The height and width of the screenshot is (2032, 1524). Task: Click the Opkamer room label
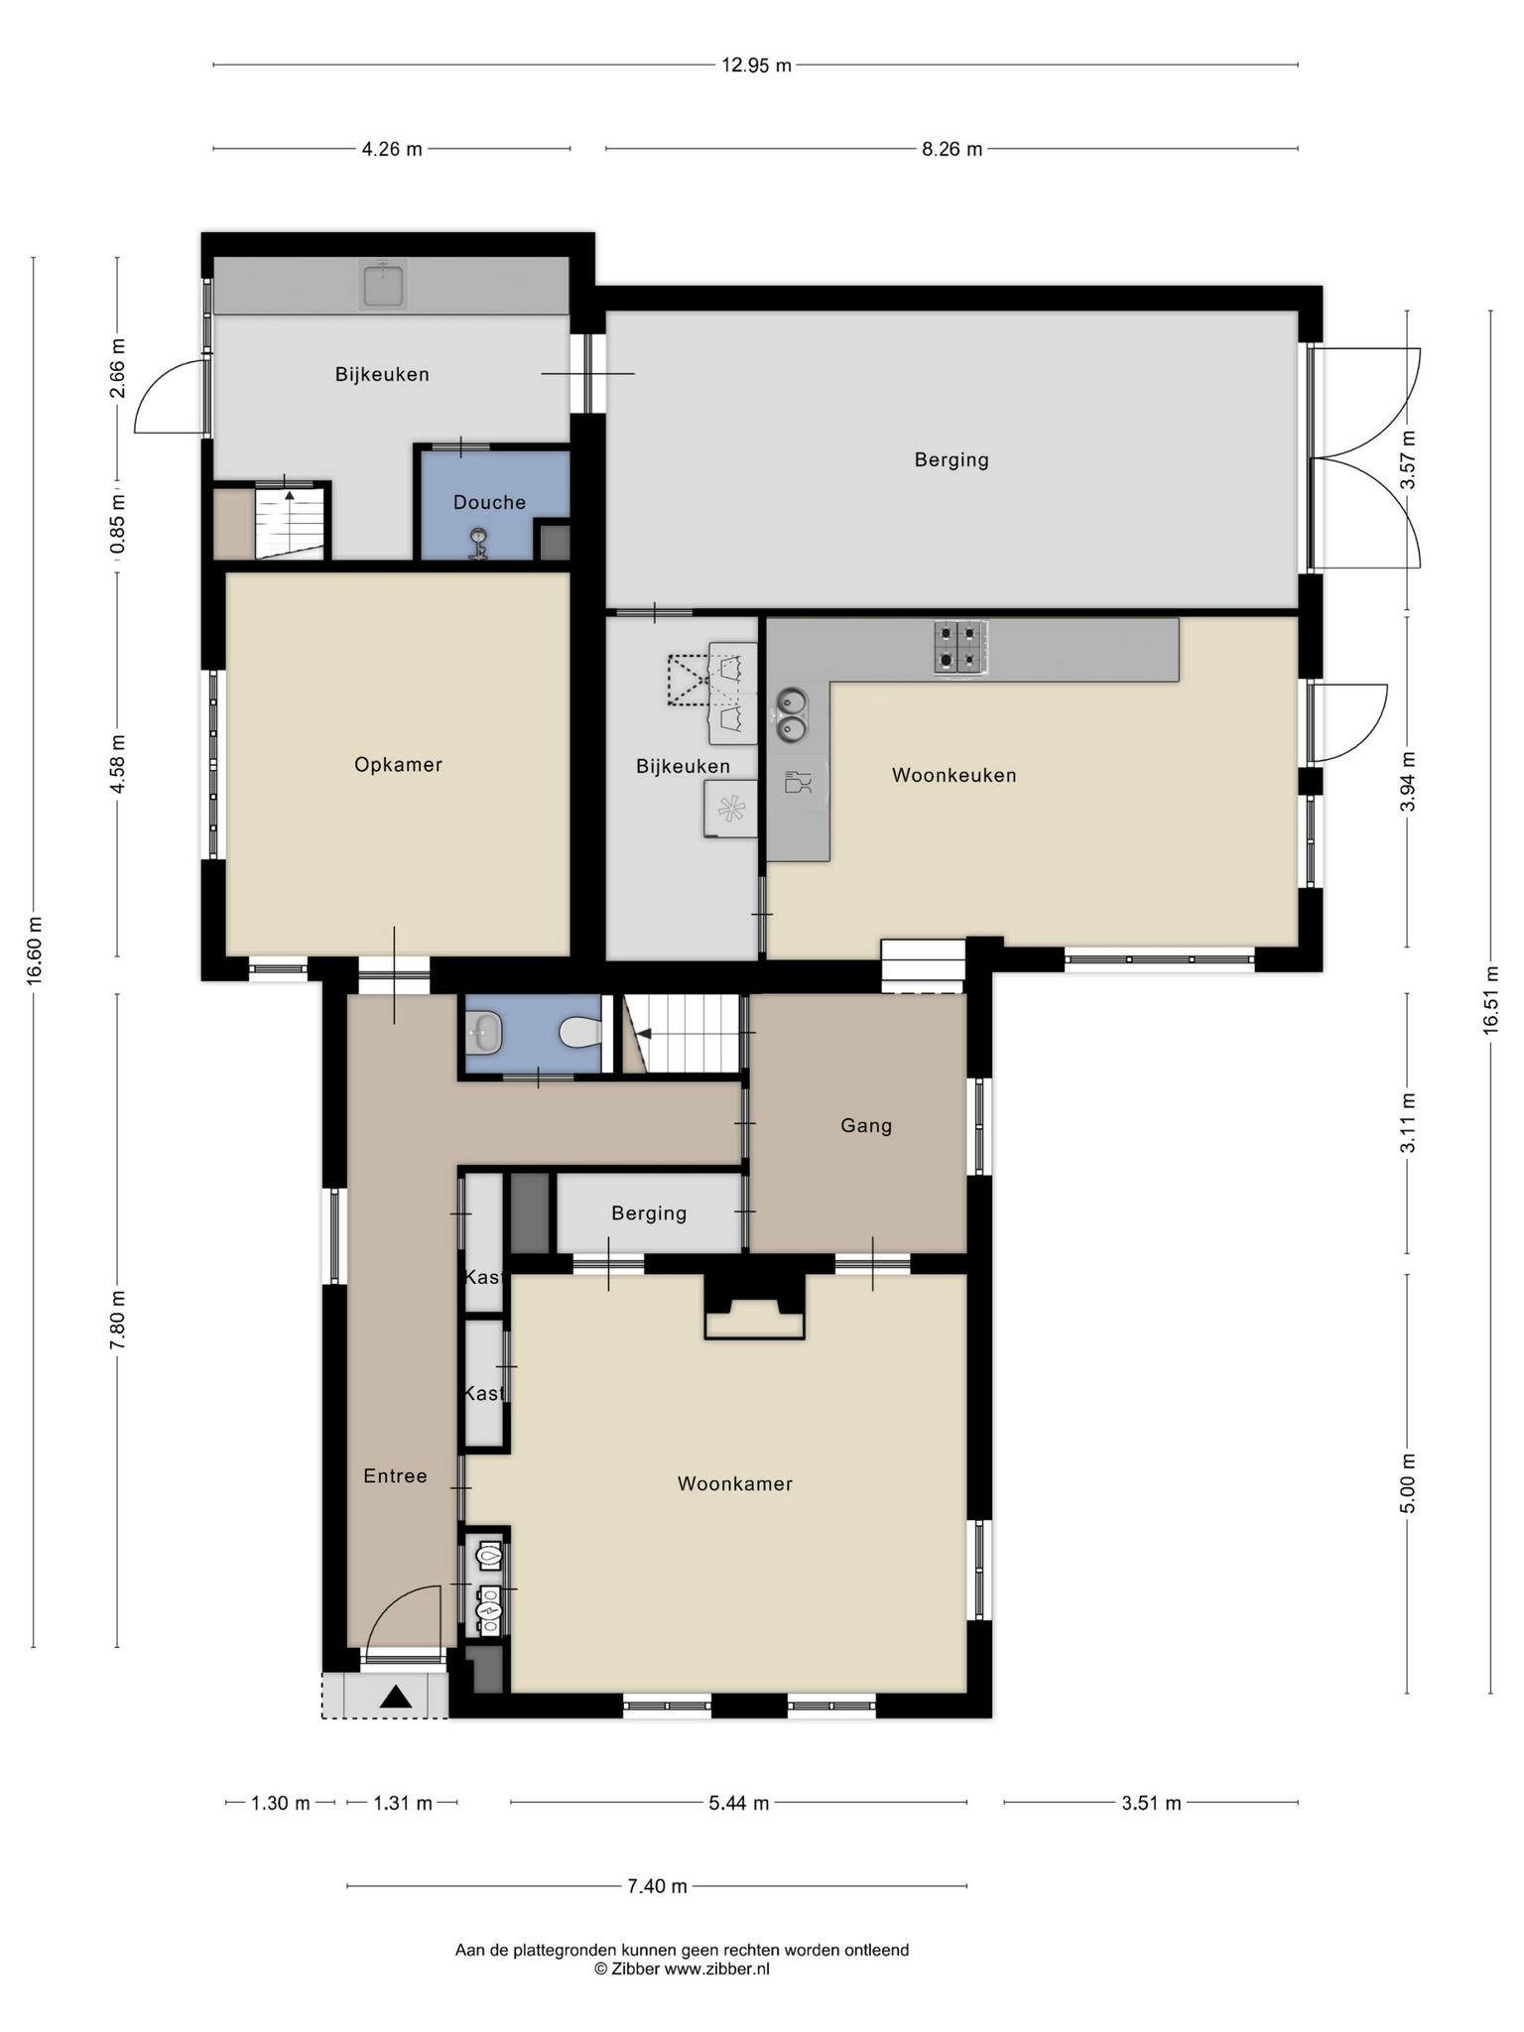coord(398,765)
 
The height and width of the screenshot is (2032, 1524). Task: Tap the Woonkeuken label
coord(954,775)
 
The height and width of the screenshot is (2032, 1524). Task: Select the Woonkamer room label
coord(735,1483)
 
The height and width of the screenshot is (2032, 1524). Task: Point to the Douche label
coord(489,502)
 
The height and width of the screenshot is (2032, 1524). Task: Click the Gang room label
coord(866,1125)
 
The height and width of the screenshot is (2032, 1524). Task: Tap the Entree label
coord(395,1475)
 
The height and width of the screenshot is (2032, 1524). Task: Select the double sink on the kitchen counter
coord(791,715)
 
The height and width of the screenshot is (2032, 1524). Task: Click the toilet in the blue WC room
coord(581,1033)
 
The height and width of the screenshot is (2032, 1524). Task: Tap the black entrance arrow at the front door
coord(396,1697)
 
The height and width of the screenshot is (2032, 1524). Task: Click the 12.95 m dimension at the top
coord(756,65)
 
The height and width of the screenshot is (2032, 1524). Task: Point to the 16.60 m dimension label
coord(35,951)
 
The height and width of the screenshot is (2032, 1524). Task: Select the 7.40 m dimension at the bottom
coord(657,1886)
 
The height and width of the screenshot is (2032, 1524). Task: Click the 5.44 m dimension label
coord(739,1803)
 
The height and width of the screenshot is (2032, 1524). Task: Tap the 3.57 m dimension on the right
coord(1407,459)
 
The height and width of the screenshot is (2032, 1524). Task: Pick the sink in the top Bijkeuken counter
coord(382,285)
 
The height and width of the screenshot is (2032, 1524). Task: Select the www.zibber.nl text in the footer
coord(716,1969)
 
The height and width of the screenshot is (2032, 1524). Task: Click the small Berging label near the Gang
coord(649,1212)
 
